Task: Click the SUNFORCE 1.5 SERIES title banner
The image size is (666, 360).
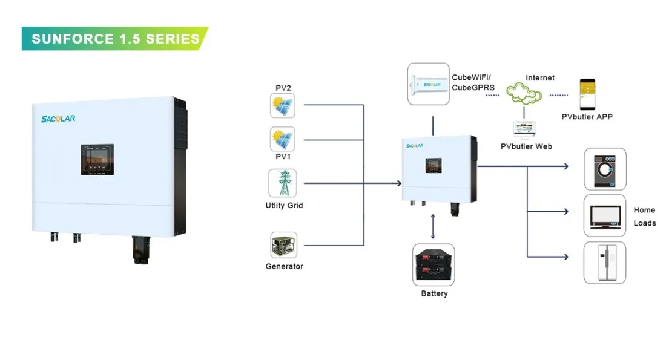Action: [115, 39]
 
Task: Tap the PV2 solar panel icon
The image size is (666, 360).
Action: [283, 106]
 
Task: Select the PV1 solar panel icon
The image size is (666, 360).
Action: [283, 139]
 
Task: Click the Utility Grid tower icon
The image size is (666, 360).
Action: [283, 183]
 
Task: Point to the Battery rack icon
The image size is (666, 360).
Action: [434, 265]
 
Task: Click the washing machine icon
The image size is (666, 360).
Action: [604, 169]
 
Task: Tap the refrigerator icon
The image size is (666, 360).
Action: [604, 263]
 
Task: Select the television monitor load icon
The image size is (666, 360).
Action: [604, 216]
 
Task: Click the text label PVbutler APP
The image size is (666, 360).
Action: [587, 116]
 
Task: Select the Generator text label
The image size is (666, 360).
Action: [284, 266]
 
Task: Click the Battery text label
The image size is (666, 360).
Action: [434, 293]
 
